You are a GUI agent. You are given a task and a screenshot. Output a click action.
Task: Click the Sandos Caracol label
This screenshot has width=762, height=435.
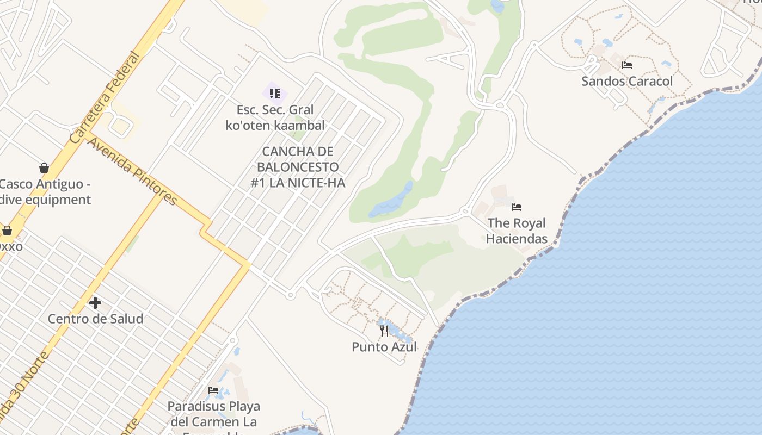coord(627,82)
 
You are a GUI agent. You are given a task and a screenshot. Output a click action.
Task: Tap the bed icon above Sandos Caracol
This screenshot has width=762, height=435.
coord(627,65)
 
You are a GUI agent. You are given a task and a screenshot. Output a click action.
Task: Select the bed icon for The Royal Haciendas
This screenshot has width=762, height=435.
coord(517,207)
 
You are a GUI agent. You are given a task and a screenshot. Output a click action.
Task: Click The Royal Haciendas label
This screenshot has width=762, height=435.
coord(517,231)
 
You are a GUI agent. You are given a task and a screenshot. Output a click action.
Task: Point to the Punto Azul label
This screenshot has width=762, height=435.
coord(384,347)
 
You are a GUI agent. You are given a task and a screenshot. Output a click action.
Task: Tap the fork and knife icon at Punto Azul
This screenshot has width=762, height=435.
coord(384,331)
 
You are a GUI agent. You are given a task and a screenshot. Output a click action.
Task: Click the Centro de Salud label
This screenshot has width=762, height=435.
coord(95,319)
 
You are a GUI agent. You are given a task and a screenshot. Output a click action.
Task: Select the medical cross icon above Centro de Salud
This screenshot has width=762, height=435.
coord(95,302)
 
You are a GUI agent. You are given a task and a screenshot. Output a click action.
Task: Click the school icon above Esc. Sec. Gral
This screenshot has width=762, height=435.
coord(275,94)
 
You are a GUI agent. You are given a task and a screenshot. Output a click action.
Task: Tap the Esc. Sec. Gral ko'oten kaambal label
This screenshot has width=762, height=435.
coord(275,117)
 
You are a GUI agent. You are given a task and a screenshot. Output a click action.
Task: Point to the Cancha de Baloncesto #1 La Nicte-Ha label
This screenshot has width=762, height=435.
coord(298,167)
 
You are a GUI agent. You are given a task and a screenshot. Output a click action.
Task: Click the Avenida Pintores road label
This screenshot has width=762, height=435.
coord(132,171)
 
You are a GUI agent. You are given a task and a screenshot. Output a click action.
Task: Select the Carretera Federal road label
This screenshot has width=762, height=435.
coord(105,97)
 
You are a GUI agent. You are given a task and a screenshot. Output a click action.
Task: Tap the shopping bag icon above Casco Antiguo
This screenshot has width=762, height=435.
coord(44,168)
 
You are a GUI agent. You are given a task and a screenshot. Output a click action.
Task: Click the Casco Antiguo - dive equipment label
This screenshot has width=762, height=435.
coord(45,192)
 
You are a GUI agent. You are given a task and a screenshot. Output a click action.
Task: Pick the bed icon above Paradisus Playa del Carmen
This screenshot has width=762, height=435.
coord(213,390)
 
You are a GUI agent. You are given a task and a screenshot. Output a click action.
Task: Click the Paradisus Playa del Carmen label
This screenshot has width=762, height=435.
coord(213,414)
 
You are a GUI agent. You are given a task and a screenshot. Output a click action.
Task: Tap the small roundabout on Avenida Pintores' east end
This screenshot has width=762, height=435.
coord(290,295)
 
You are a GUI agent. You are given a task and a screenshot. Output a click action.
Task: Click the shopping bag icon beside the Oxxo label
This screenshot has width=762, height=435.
coord(7,231)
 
